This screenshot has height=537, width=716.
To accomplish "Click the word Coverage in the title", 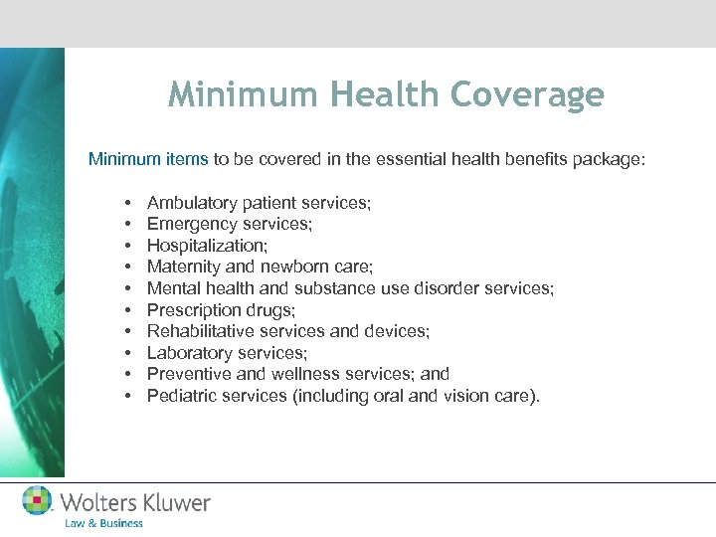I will (528, 94).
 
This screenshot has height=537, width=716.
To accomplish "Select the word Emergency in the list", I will (188, 225).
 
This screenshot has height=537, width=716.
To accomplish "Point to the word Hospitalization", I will (205, 246).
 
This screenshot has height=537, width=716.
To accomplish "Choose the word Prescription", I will (190, 310).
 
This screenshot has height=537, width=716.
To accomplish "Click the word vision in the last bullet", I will (479, 396).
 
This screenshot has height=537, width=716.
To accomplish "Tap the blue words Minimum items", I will (148, 158).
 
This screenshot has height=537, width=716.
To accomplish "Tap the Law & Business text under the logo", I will (103, 523).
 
